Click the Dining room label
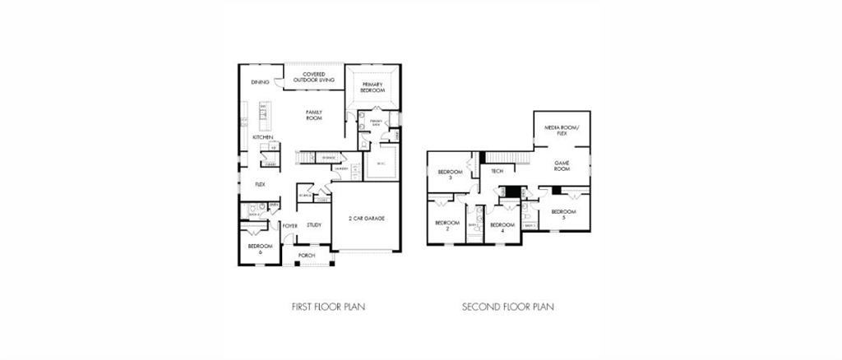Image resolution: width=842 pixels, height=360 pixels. (x=261, y=82)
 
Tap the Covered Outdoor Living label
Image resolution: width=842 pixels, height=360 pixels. (x=314, y=77)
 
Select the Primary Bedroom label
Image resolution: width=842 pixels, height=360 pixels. (x=372, y=87)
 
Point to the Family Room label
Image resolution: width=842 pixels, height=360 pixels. (x=313, y=114)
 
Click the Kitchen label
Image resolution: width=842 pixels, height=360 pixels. (x=252, y=137)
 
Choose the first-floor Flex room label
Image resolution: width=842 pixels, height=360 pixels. (x=260, y=185)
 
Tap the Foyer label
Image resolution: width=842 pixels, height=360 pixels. (x=289, y=225)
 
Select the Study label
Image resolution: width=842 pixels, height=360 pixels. (x=314, y=224)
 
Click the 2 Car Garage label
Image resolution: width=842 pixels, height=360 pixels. (x=367, y=218)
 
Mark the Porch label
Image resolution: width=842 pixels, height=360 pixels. (x=307, y=256)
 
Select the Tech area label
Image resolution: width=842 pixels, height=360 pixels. (x=497, y=171)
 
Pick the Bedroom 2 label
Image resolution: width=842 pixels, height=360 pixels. (x=446, y=225)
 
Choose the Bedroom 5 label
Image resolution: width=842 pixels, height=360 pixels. (x=563, y=215)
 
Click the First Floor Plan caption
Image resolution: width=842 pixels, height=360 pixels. (x=329, y=307)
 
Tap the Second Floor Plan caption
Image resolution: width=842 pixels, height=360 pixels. (x=508, y=307)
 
